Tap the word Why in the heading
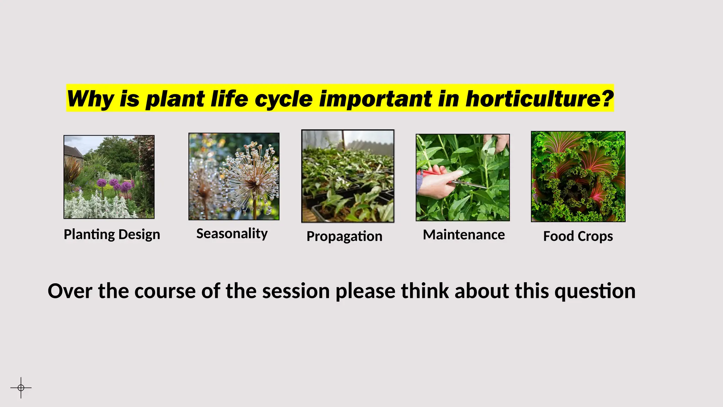click(x=90, y=99)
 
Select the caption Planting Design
click(x=112, y=235)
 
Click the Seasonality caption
click(x=232, y=234)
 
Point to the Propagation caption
click(x=344, y=236)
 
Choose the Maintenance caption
click(x=464, y=235)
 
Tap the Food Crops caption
click(x=578, y=236)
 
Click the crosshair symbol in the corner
click(x=21, y=388)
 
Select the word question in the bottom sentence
click(x=595, y=291)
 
